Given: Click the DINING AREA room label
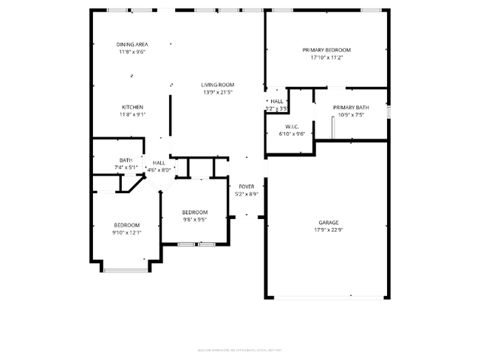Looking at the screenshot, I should coord(132,44).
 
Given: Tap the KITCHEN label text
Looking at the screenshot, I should coord(132,107).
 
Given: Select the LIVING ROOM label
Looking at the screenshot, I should coord(217,85).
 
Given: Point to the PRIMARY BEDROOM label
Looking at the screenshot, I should coord(326,49).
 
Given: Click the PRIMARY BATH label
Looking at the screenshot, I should coord(351,107).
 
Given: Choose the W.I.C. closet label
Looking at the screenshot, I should coord(292,126).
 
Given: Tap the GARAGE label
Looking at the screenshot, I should coord(329,221).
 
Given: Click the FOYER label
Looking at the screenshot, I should coord(246,187).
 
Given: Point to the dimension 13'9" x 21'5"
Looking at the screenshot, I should coord(217,92).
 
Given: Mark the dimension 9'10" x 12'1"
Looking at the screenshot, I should coord(126,232).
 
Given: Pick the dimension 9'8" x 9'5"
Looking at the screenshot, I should coord(194,219).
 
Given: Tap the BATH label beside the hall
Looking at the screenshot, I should coord(126,160).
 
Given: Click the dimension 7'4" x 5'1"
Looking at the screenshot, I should coord(126,167).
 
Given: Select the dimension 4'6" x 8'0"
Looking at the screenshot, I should coord(159,170).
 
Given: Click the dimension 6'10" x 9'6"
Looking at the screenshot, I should coord(292,134).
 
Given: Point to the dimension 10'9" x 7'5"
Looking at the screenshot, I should coord(351,114).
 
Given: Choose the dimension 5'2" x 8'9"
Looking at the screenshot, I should coord(246,194).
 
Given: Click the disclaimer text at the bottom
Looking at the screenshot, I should coord(240,350).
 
